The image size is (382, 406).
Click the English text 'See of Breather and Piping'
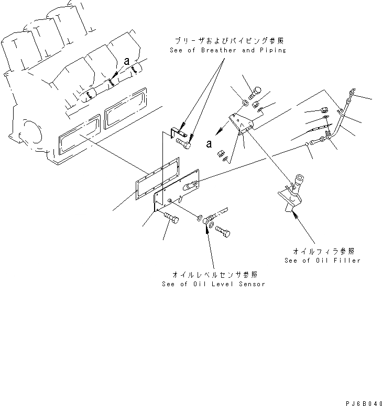[227, 50]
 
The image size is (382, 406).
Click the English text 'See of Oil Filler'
[322, 260]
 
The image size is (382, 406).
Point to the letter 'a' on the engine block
[126, 62]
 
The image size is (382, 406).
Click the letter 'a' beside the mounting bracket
[210, 143]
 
